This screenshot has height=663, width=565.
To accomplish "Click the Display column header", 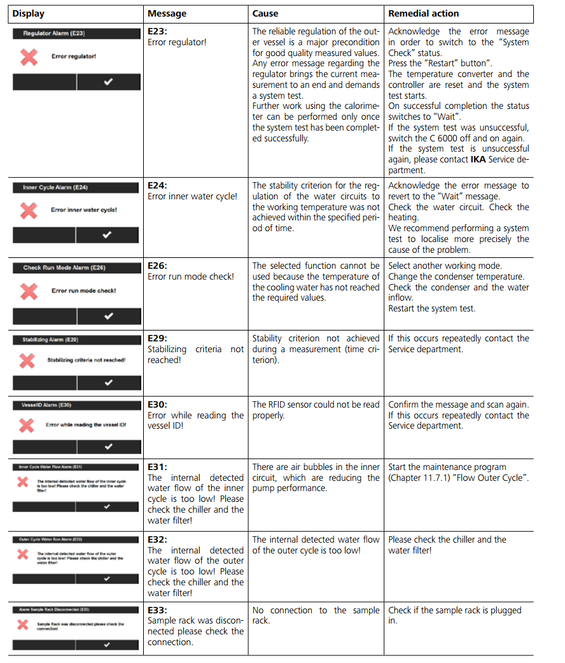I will pos(29,13).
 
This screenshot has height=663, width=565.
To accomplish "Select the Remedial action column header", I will pos(423,13).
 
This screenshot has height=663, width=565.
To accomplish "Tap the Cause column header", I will pos(265,13).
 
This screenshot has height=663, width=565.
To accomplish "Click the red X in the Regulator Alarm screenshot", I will pos(29,57).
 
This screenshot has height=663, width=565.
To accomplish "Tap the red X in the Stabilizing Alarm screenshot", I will pos(27,360).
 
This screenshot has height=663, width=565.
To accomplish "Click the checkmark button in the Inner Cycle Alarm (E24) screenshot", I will pos(107,235).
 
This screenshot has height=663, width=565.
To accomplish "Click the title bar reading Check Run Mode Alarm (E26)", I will pos(76,267).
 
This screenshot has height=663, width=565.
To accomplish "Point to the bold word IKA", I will pos(480,159).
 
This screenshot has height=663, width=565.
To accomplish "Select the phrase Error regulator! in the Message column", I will pos(177,42).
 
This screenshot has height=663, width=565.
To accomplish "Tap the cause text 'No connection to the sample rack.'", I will pos(316,615).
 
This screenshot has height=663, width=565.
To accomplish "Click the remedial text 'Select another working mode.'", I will pos(445,266).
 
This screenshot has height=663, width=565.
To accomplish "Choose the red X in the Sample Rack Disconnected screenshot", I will pos(23,624).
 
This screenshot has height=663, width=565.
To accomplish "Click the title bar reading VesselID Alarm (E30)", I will pos(76,404).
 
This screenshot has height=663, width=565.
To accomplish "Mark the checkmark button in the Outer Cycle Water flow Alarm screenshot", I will pos(107,578).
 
